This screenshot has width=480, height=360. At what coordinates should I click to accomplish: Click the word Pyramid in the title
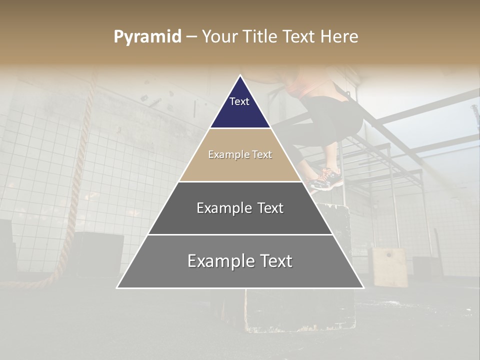tap(147, 37)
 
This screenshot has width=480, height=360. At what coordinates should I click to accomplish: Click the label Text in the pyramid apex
tap(239, 101)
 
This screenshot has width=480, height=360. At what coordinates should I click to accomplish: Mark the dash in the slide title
tap(191, 37)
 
